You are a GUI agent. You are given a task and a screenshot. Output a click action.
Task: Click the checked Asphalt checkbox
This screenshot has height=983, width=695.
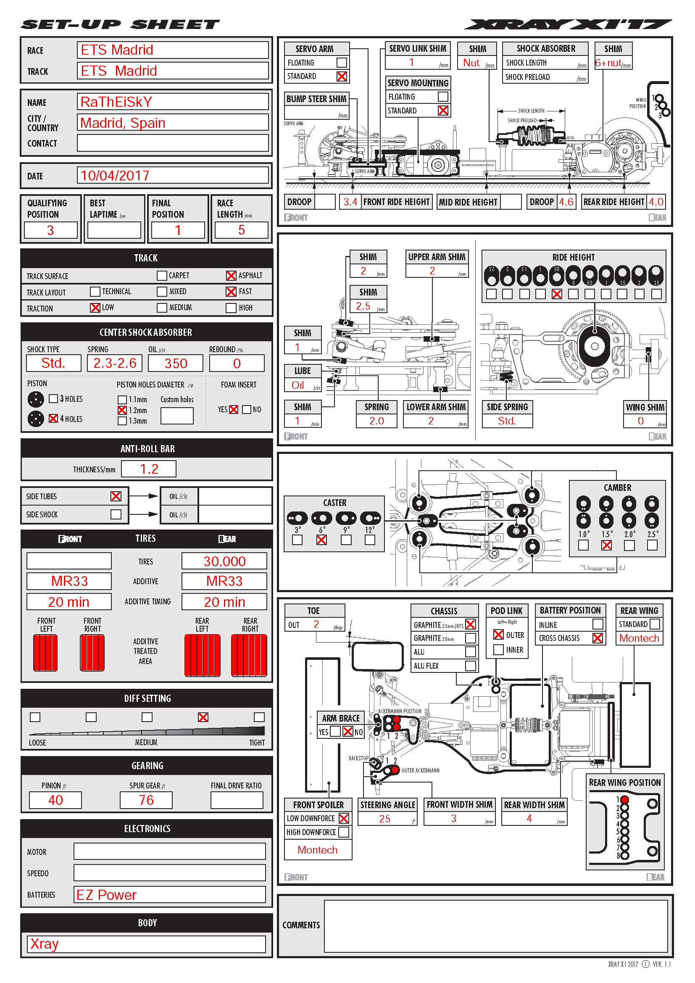pyautogui.click(x=231, y=276)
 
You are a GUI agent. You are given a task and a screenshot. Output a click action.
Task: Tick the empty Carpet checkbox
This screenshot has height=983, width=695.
pyautogui.click(x=162, y=276)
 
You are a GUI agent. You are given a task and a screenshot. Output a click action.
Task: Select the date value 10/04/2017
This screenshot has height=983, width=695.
pyautogui.click(x=115, y=176)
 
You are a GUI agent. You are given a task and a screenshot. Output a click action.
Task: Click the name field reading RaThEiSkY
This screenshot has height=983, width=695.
pyautogui.click(x=116, y=102)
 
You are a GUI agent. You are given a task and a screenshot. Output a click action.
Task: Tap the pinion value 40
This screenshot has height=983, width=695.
pyautogui.click(x=55, y=800)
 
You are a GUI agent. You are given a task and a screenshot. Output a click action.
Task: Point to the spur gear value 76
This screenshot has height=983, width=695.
pyautogui.click(x=146, y=800)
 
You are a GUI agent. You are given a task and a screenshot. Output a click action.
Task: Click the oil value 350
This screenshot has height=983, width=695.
pyautogui.click(x=176, y=364)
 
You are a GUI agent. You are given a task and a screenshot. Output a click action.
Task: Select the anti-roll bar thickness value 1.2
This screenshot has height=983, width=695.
pyautogui.click(x=149, y=469)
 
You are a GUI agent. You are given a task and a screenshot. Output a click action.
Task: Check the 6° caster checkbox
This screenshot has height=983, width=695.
pyautogui.click(x=321, y=540)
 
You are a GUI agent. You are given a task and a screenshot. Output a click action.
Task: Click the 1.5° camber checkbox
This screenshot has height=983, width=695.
pyautogui.click(x=606, y=546)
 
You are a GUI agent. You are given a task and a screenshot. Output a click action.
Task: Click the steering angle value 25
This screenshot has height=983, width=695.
pyautogui.click(x=385, y=819)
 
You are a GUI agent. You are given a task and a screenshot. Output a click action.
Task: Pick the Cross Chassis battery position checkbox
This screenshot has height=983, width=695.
pyautogui.click(x=598, y=638)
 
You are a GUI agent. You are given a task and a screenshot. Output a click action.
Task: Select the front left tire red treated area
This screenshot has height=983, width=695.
pyautogui.click(x=45, y=653)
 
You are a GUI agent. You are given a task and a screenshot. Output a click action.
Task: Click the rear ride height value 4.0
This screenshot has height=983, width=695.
pyautogui.click(x=656, y=202)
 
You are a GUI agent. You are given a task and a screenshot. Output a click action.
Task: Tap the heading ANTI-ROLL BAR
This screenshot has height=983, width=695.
pyautogui.click(x=147, y=449)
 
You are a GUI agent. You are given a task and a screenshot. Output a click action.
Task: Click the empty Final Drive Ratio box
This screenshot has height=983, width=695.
pyautogui.click(x=237, y=800)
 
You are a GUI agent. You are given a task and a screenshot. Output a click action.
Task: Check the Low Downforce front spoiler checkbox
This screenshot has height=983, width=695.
pyautogui.click(x=344, y=819)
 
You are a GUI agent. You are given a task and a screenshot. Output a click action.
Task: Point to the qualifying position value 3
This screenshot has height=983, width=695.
pyautogui.click(x=50, y=230)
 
